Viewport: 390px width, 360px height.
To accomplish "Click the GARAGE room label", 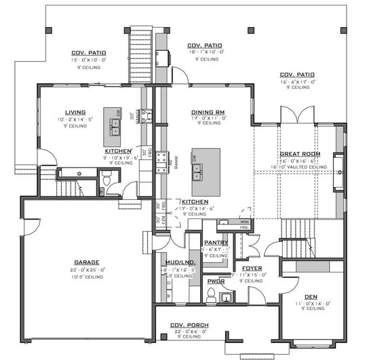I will point(87,262).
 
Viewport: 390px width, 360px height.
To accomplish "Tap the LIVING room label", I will point(75,113).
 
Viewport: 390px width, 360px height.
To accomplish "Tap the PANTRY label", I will point(216,243).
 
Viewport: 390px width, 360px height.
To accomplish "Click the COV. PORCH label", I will point(189,325).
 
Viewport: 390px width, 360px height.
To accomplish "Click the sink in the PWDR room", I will point(227,297).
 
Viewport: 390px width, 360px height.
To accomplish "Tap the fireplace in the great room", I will point(338,165).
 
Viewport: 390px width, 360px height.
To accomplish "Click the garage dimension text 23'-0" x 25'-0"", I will point(87,270).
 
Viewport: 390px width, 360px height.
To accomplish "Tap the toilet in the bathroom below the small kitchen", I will point(105,178).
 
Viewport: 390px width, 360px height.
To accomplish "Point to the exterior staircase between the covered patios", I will point(138,54).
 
